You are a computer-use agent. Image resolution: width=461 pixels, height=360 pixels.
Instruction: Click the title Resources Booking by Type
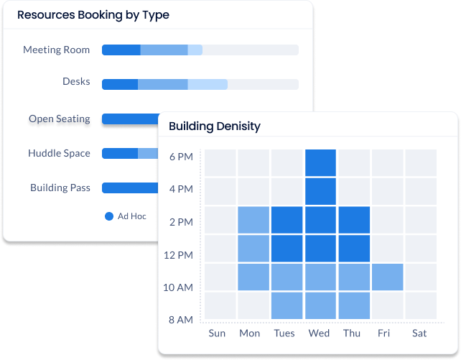pos(93,14)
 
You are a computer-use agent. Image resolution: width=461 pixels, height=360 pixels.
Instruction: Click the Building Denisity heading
pos(214,126)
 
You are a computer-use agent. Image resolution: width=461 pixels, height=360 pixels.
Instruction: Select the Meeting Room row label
pos(57,50)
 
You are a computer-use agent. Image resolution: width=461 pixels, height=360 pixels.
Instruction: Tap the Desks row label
pos(76,82)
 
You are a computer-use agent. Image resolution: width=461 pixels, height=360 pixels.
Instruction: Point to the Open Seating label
pos(60,119)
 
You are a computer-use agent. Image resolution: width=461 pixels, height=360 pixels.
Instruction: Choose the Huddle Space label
pos(59,153)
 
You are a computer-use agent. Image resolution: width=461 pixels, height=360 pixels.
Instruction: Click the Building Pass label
pos(60,188)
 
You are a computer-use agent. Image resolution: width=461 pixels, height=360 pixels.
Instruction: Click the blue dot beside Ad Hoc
pos(109,216)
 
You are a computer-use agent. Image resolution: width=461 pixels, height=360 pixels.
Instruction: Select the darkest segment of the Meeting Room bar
pos(121,50)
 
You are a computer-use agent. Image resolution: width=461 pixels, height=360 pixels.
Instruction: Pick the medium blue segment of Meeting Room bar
pos(164,50)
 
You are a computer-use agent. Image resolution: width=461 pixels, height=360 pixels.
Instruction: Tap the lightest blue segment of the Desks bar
pos(208,85)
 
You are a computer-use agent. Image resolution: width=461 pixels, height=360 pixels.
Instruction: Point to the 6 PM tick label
pos(180,157)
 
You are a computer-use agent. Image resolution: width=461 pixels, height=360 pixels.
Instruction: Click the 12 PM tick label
pos(178,255)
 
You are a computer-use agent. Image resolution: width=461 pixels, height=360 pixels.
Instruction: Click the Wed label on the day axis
pos(319,333)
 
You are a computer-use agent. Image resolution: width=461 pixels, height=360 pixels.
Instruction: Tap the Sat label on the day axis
pos(419,333)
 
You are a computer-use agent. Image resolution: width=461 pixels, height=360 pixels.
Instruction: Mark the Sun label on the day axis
pos(216,333)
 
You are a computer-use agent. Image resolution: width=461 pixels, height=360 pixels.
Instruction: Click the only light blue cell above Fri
pos(387,277)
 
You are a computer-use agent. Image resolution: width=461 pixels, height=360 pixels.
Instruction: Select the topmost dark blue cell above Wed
pos(320,162)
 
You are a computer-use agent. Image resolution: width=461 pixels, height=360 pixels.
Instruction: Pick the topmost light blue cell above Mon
pos(253,220)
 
